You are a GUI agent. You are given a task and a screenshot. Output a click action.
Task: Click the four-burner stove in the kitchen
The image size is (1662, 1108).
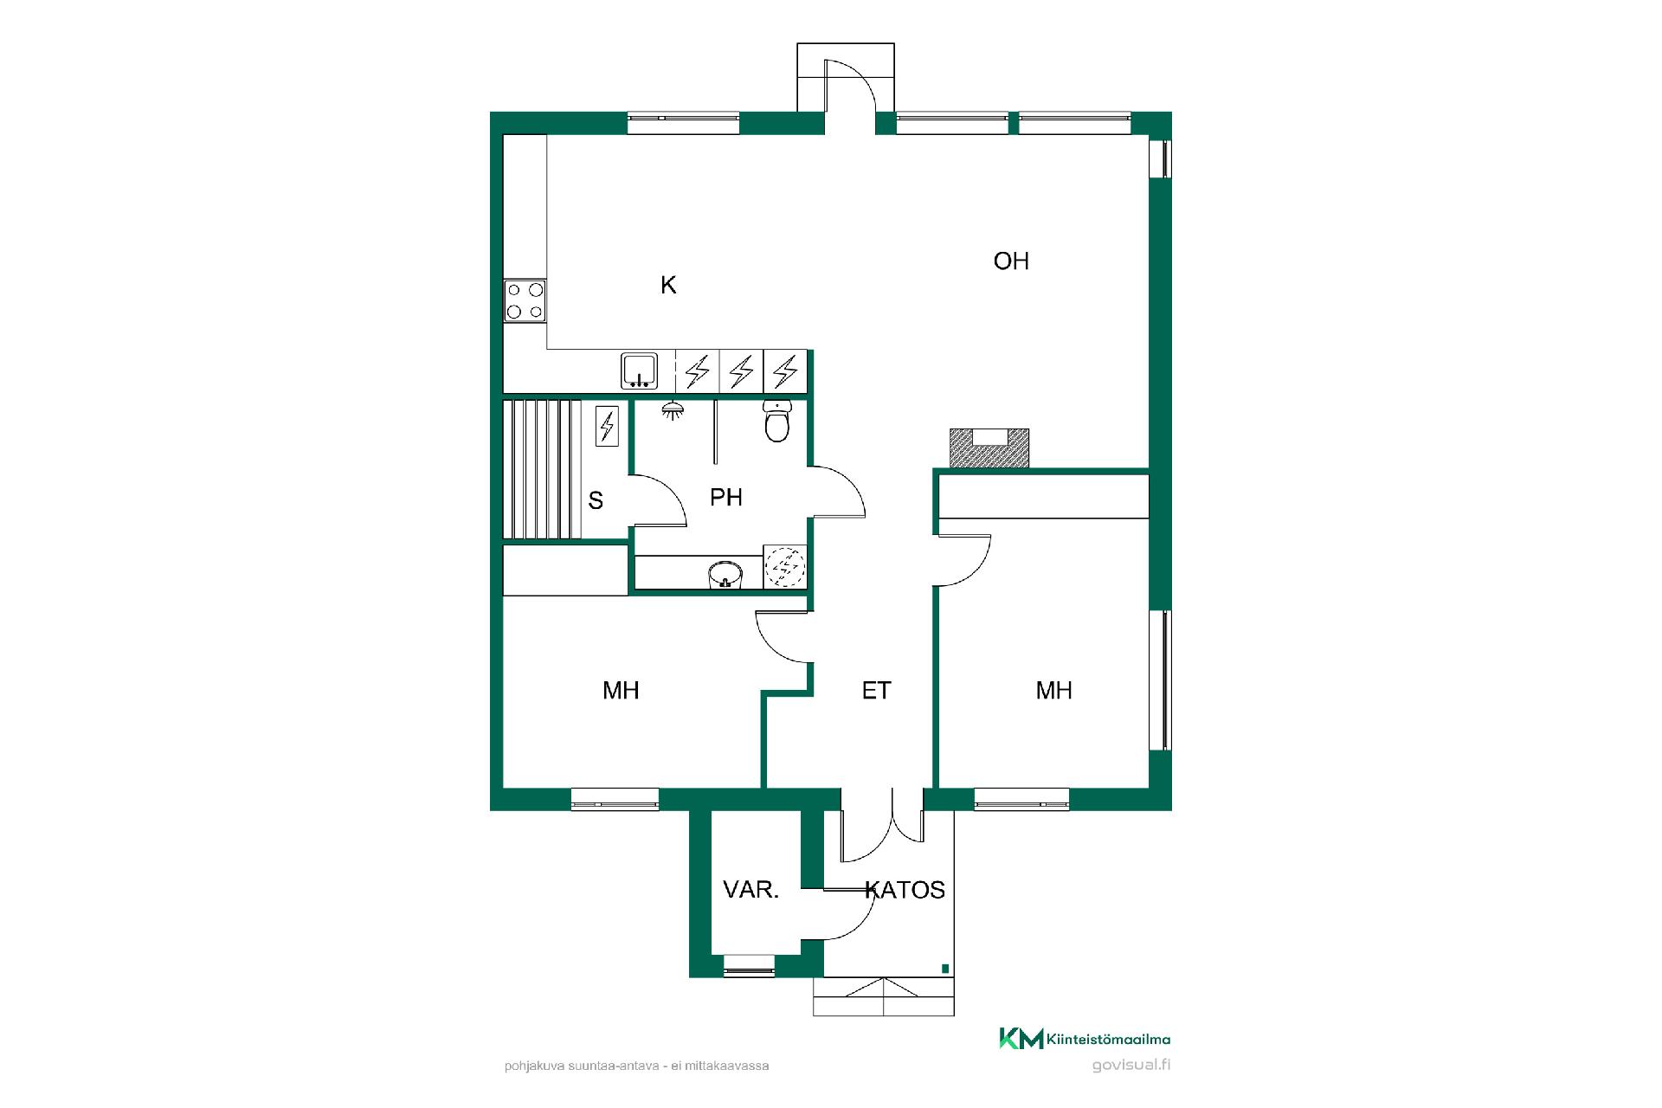(525, 301)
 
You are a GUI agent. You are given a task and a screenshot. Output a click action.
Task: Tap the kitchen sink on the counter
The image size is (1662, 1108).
(640, 370)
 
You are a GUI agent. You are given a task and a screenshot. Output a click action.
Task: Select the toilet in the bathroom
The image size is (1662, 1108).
(777, 422)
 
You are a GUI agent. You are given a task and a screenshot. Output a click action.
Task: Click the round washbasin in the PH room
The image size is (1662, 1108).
(725, 574)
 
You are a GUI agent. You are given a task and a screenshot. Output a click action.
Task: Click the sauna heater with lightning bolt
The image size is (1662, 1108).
(608, 426)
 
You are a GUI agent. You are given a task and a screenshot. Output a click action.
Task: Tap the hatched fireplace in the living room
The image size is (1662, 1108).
(989, 448)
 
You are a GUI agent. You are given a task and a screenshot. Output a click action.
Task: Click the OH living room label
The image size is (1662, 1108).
(1011, 261)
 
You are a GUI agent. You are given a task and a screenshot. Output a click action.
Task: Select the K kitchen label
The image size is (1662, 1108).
(668, 285)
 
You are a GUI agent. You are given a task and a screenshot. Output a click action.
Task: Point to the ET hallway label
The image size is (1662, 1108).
(877, 691)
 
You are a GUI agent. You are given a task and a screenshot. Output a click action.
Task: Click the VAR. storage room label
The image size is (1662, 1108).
(751, 890)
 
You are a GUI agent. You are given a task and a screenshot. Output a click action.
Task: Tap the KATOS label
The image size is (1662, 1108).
(905, 890)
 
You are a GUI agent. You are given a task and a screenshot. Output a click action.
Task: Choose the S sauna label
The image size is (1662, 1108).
(596, 500)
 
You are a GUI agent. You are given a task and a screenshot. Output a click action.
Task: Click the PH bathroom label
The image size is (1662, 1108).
(726, 498)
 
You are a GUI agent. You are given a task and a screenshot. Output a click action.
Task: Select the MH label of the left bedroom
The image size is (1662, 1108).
(621, 691)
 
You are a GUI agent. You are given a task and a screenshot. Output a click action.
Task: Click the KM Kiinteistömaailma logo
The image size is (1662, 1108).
(1085, 1039)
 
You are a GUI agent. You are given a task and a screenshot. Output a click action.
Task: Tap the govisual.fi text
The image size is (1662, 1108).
(1131, 1066)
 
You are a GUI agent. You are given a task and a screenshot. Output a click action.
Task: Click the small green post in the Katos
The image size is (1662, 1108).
(945, 969)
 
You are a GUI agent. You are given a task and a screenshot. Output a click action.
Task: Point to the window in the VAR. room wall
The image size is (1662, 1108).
(749, 966)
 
